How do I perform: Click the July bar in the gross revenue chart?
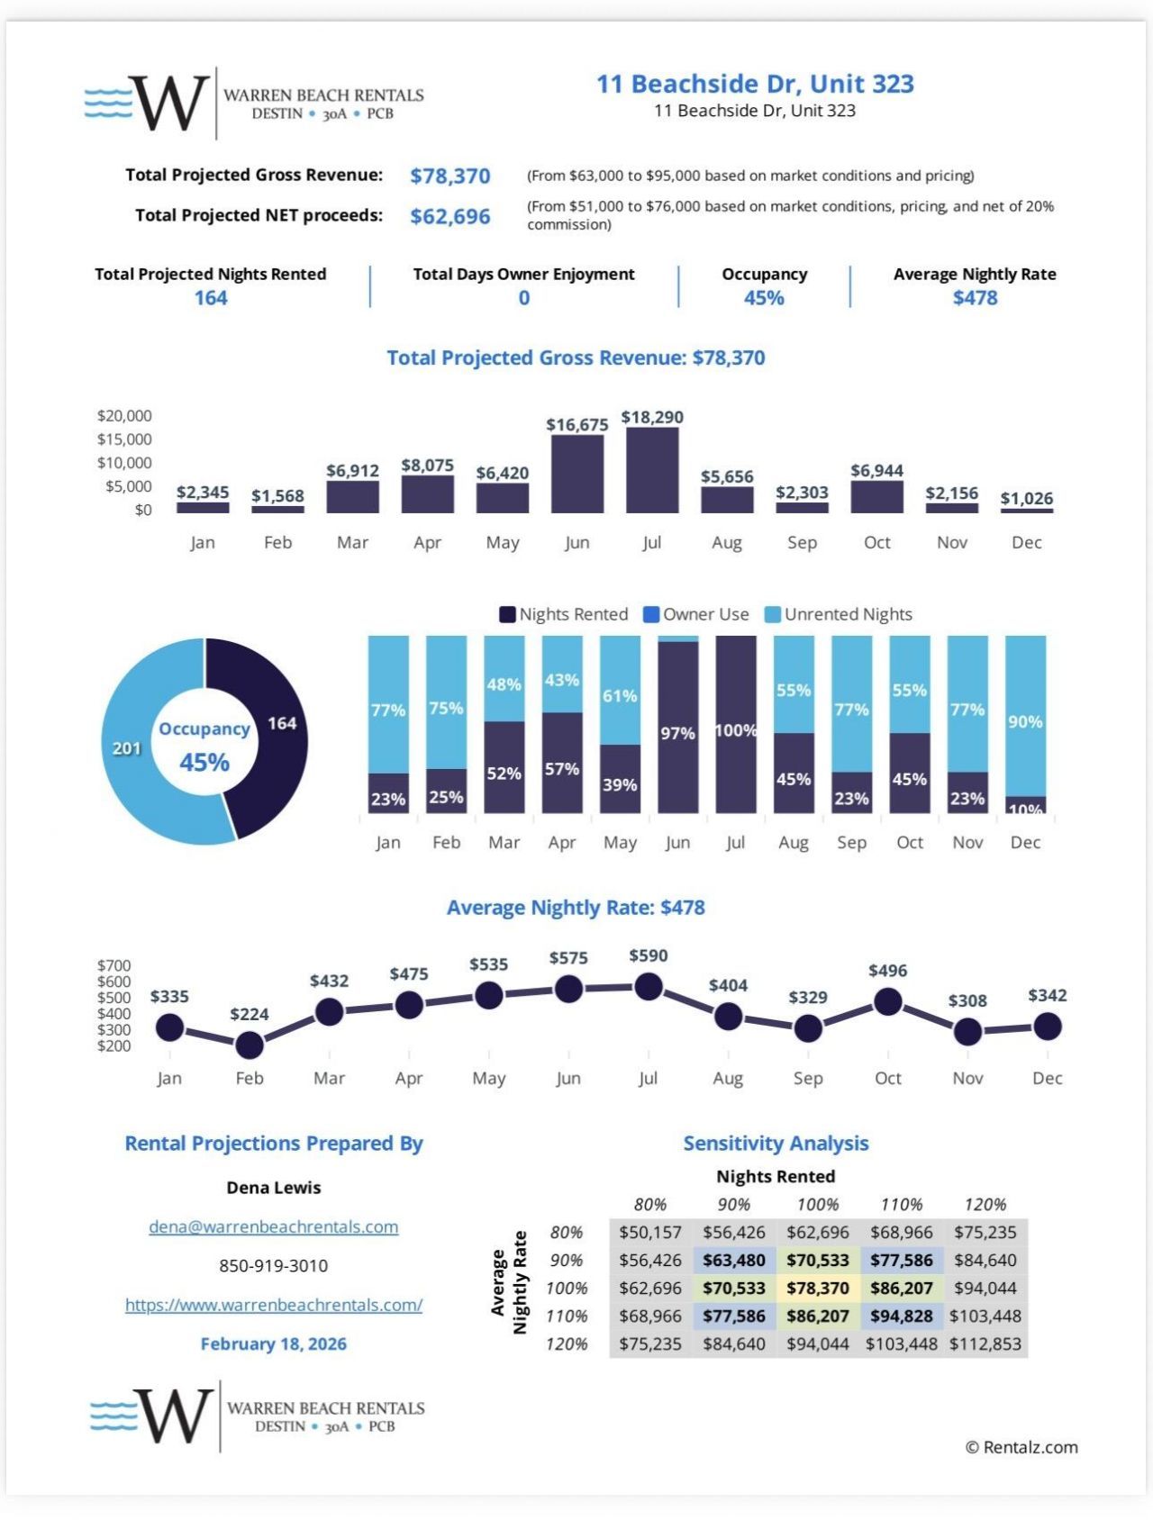click(x=652, y=470)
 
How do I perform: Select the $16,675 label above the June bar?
click(x=576, y=424)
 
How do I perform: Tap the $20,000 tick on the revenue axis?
click(x=124, y=416)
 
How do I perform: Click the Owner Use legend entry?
click(x=696, y=614)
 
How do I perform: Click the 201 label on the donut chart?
click(x=126, y=748)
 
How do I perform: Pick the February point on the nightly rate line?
click(x=250, y=1045)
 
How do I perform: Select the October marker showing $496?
click(x=888, y=1001)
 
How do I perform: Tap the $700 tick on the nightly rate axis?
click(x=114, y=965)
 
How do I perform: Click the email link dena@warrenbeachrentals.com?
click(x=274, y=1226)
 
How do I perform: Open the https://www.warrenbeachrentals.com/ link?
click(x=274, y=1305)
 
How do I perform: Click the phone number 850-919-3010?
click(x=274, y=1265)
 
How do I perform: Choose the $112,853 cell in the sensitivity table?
click(x=985, y=1344)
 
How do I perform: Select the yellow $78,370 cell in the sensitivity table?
click(x=818, y=1288)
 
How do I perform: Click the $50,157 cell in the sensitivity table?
click(x=650, y=1232)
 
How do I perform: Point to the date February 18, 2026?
click(x=274, y=1344)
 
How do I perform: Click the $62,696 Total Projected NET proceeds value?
click(x=450, y=216)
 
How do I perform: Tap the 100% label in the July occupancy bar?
click(x=736, y=730)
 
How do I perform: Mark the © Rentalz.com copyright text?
click(x=1021, y=1447)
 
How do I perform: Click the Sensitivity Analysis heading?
click(x=776, y=1143)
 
